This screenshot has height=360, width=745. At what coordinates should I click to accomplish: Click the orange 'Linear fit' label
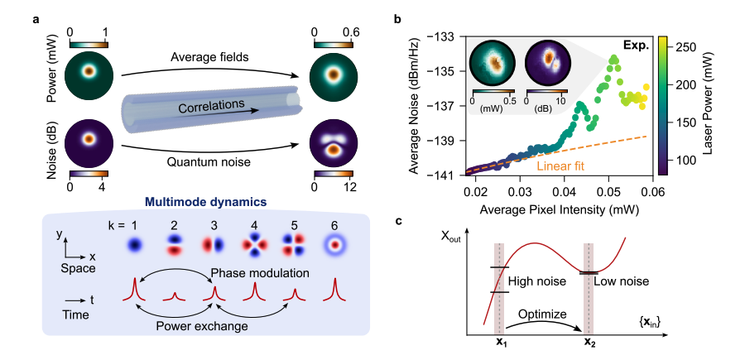561,166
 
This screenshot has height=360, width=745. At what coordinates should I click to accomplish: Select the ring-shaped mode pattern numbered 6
337,246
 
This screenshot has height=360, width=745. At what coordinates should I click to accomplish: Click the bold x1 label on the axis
500,342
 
